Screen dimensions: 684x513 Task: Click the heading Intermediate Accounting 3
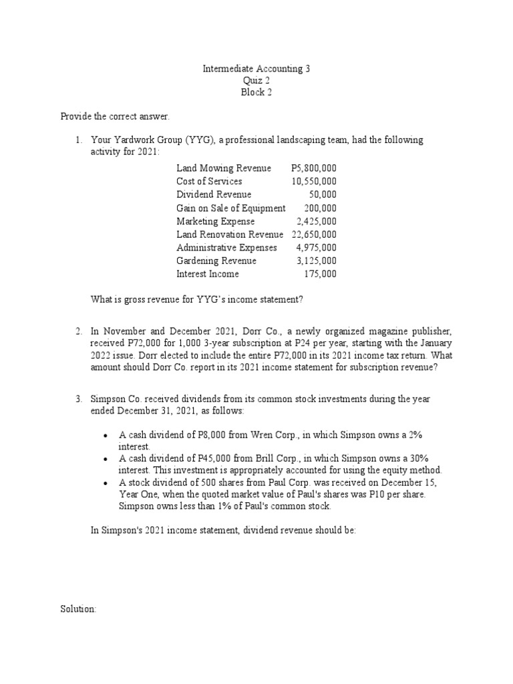[x=256, y=69]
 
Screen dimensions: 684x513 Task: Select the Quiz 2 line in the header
[x=256, y=81]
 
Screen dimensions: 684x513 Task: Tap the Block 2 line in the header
[x=256, y=93]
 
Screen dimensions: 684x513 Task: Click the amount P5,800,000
[x=314, y=168]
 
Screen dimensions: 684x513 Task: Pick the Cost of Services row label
[x=209, y=182]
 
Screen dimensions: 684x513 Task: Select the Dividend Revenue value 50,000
[x=323, y=194]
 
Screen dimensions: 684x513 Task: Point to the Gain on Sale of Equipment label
[x=230, y=208]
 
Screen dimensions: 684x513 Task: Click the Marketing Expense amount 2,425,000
[x=317, y=221]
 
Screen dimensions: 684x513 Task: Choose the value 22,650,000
[x=314, y=234]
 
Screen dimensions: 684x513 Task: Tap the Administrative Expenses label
[x=226, y=248]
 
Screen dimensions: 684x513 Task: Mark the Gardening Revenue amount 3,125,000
[x=317, y=261]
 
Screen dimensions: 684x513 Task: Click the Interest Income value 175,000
[x=321, y=274]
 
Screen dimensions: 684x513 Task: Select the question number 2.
[x=78, y=331]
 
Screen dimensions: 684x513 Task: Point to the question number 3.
[x=78, y=399]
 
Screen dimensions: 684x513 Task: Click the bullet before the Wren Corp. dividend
[x=106, y=436]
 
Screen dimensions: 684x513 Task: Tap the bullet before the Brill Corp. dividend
[x=106, y=459]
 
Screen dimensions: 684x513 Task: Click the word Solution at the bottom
[x=79, y=610]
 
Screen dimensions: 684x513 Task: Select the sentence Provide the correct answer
[x=116, y=117]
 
